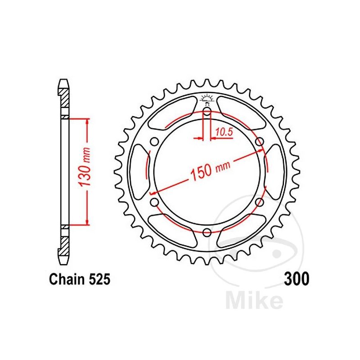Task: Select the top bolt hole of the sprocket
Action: (207, 111)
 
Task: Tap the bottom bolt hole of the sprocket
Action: (207, 232)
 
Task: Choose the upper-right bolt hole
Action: (259, 142)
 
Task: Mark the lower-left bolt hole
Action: (154, 202)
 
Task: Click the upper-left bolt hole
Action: (154, 142)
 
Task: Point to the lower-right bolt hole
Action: (259, 202)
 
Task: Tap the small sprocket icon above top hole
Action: (207, 99)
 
